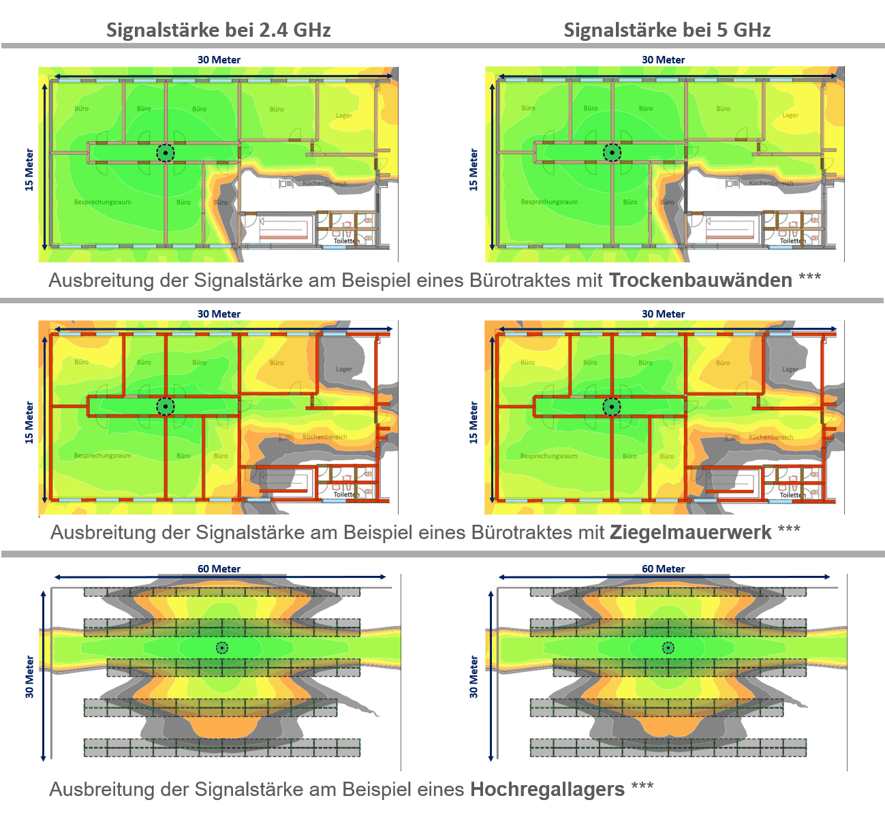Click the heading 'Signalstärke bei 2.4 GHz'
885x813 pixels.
pos(218,30)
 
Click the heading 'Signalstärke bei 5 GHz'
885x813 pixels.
pos(666,30)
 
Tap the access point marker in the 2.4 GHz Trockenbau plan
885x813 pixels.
pos(165,153)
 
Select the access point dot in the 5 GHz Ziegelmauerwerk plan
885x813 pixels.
pos(612,407)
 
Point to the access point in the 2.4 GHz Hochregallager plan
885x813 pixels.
pos(221,647)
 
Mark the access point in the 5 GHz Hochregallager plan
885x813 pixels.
pos(668,647)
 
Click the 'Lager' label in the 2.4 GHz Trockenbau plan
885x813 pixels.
pos(344,116)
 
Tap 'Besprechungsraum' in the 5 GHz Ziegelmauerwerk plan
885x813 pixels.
pos(548,456)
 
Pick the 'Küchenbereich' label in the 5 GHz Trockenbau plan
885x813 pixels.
pos(771,183)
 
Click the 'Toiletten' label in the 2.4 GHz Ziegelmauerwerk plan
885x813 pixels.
pos(346,495)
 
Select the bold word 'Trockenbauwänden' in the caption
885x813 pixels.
pos(700,280)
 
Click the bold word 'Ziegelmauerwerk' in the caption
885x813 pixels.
pos(690,532)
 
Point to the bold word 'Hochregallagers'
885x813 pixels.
pos(547,789)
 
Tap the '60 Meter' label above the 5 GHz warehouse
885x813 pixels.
pos(663,568)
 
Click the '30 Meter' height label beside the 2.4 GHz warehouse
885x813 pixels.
pos(29,676)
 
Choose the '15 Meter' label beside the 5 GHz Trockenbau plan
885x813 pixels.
pos(473,170)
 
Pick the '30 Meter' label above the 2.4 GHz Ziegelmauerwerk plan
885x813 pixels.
pos(219,314)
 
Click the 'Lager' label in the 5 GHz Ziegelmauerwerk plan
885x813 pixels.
pos(790,369)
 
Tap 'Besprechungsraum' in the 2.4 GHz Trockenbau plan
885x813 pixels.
pos(103,202)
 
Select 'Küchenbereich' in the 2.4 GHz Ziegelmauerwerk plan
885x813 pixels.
pos(325,437)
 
